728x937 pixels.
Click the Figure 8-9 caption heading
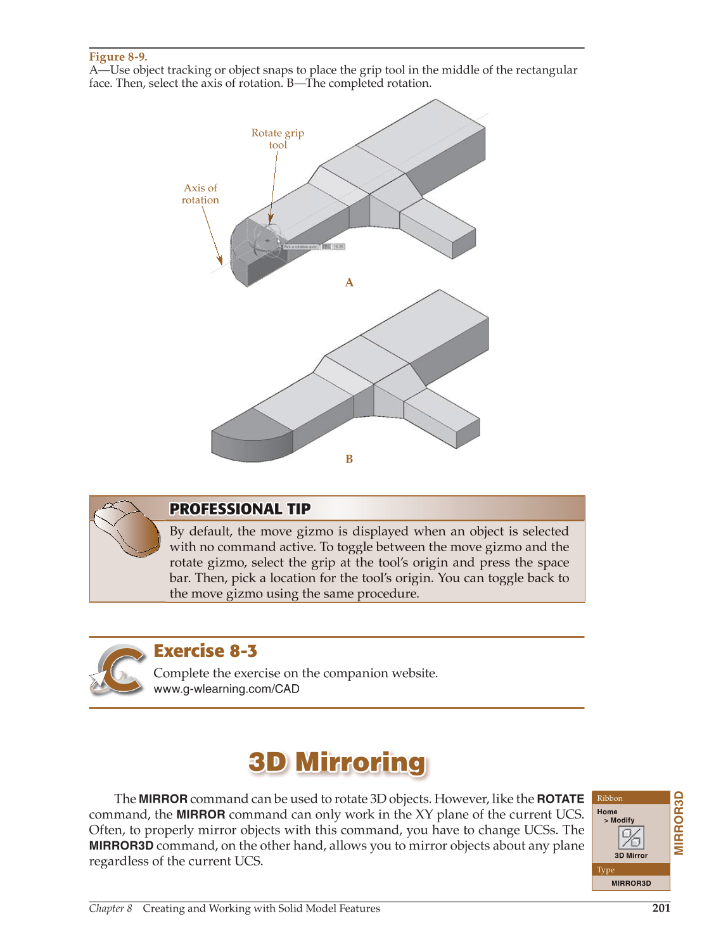[118, 56]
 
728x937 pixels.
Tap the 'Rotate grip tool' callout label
[278, 139]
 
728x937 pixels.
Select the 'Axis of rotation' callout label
[200, 194]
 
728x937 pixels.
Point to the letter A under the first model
[349, 283]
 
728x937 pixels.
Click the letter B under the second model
[349, 459]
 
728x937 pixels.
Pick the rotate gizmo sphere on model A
[267, 239]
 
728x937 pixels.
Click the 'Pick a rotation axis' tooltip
[300, 246]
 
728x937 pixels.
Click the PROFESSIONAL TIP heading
[240, 509]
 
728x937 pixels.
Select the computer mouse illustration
[127, 528]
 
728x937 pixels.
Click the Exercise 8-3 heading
[205, 651]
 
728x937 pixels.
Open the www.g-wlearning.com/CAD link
[226, 689]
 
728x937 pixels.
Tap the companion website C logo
[118, 670]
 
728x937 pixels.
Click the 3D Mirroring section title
[337, 762]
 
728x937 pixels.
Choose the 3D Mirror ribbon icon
[631, 838]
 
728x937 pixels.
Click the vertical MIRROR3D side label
[679, 822]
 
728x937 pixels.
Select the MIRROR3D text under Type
[631, 883]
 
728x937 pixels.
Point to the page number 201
[661, 908]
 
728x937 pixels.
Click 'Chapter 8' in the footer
[111, 908]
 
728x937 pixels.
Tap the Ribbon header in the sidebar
[610, 798]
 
